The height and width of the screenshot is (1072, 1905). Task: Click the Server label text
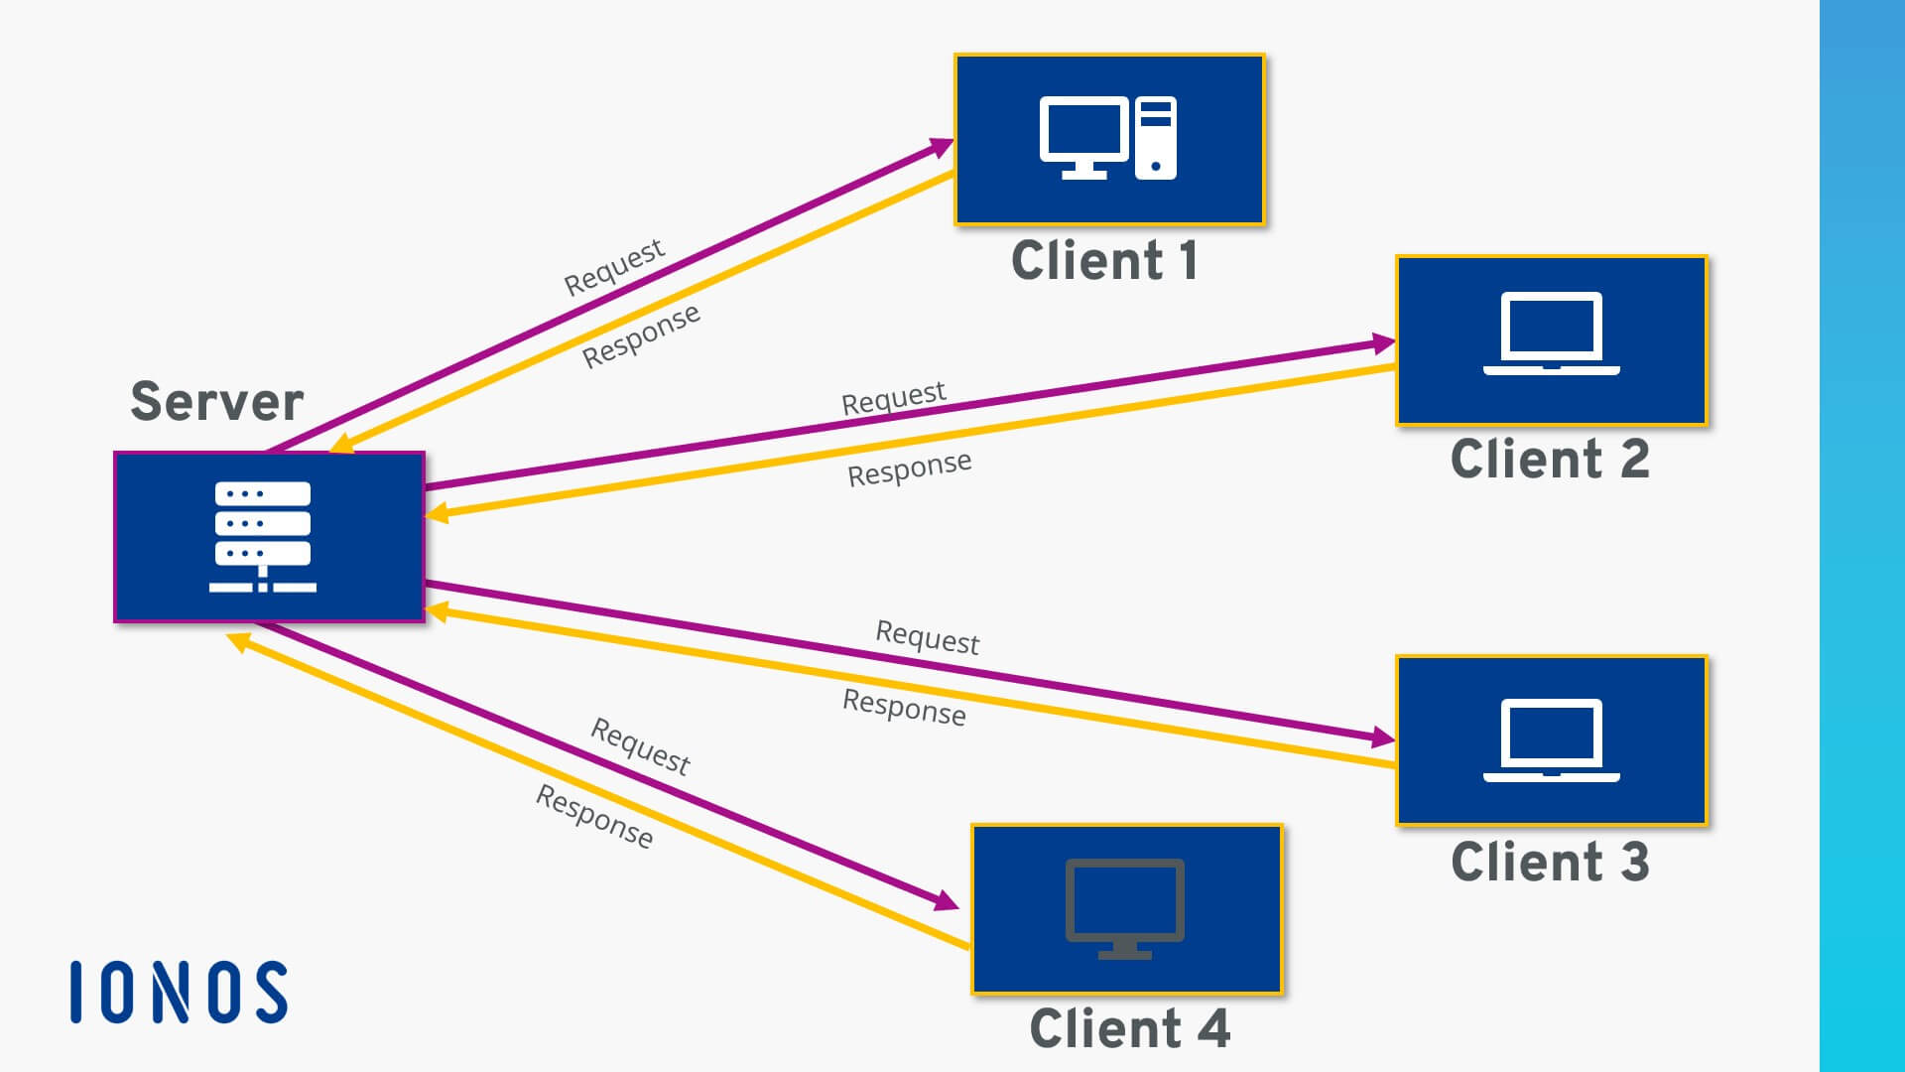click(x=216, y=402)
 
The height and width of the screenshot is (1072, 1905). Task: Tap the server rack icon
click(x=263, y=537)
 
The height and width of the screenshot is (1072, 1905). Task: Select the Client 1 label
click(x=1104, y=261)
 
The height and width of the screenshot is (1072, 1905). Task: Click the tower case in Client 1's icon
click(x=1156, y=138)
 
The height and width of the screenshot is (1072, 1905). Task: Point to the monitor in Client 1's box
click(x=1083, y=136)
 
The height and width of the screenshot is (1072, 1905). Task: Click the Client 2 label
click(x=1549, y=460)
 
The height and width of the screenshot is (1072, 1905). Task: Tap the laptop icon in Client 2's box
click(x=1551, y=334)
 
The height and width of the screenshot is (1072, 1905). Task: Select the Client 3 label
click(x=1549, y=862)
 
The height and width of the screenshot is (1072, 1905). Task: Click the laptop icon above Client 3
click(x=1551, y=740)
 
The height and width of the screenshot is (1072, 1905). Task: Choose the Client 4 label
click(x=1129, y=1028)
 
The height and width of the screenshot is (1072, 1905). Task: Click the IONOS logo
click(x=180, y=992)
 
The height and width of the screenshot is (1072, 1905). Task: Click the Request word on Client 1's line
click(x=613, y=266)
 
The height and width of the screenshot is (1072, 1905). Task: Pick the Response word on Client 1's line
click(x=641, y=335)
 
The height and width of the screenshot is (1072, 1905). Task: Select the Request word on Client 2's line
click(x=893, y=398)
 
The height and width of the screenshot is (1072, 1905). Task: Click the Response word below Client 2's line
click(x=909, y=469)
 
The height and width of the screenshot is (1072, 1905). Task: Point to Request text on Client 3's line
click(x=927, y=637)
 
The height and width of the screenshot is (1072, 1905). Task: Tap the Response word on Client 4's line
click(x=594, y=816)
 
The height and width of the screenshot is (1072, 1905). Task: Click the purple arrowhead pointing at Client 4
click(x=947, y=901)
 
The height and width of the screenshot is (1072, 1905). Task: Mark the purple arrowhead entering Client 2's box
click(x=1383, y=343)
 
